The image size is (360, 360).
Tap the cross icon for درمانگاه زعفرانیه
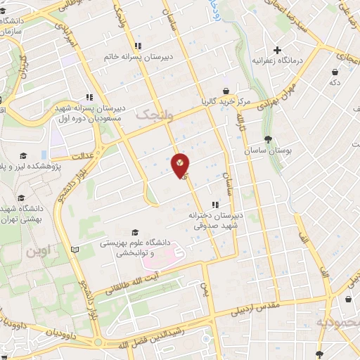pos(278,50)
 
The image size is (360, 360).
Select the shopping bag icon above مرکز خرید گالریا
pos(226,91)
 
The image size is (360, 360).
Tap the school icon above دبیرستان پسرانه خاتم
pos(139,45)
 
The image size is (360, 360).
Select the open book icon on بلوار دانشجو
pos(75,249)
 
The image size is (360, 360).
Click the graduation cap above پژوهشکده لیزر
pos(23,155)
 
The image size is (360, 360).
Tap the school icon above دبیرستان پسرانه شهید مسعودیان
pos(89,98)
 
